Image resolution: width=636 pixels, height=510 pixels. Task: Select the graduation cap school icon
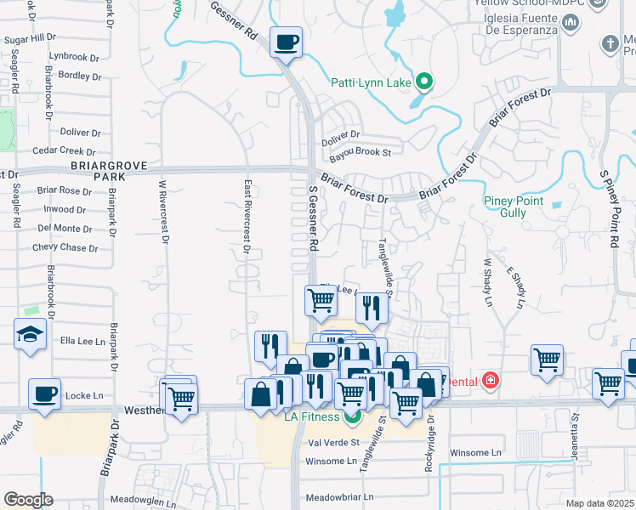[30, 333]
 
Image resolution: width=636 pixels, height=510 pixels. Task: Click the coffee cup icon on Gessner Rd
[287, 41]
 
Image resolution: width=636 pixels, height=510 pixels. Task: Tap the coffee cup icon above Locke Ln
[45, 393]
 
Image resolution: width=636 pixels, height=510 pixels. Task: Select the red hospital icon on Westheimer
[490, 381]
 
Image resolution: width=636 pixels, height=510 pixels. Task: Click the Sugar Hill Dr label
[30, 39]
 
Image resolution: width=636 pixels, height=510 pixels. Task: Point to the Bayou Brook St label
[360, 153]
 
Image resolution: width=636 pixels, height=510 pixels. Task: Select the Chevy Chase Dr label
[65, 247]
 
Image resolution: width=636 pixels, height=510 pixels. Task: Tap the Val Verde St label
[333, 443]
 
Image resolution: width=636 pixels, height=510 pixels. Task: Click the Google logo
[28, 499]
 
